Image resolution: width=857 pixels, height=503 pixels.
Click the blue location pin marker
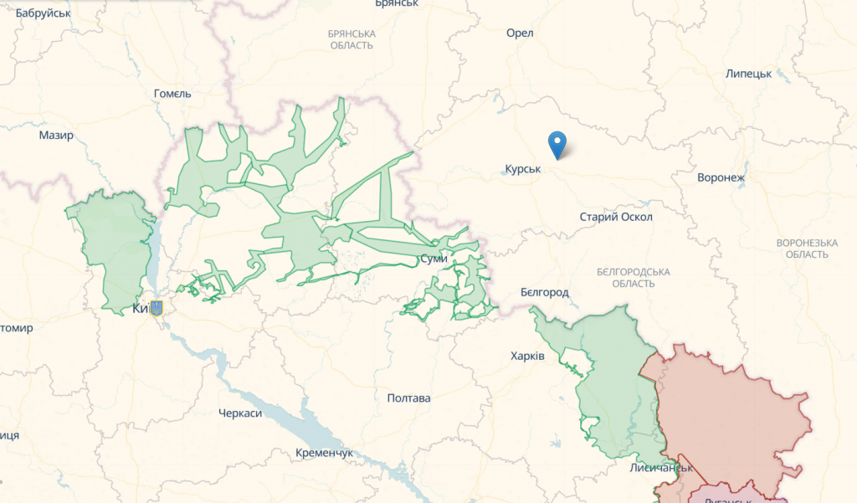coord(557,144)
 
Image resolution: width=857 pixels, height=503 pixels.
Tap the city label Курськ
coord(523,169)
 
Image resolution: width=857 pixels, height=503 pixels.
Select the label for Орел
coord(520,33)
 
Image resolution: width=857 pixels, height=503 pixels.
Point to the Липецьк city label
coord(748,74)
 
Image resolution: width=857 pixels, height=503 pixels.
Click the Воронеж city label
coord(721,177)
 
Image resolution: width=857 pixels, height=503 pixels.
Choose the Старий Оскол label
coord(616,217)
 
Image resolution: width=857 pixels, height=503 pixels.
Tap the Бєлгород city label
coord(544,292)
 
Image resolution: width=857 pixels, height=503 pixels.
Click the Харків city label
coord(527,356)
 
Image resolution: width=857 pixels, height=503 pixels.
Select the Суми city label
coord(434,259)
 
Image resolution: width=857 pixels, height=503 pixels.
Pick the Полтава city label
coord(409,398)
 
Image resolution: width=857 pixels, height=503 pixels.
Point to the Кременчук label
coord(324,453)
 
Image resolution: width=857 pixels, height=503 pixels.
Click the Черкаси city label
coord(240,413)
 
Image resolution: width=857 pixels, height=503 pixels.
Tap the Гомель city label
coord(172,94)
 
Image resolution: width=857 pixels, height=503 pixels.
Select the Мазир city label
coord(56,135)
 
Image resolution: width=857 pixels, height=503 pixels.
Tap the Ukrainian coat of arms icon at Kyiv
coord(156,309)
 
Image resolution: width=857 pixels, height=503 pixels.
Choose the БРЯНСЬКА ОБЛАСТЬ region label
coord(352,39)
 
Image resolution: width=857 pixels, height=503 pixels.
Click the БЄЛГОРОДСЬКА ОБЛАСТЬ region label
coord(634,278)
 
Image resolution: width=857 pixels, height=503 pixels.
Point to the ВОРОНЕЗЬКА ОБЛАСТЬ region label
coord(807,249)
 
